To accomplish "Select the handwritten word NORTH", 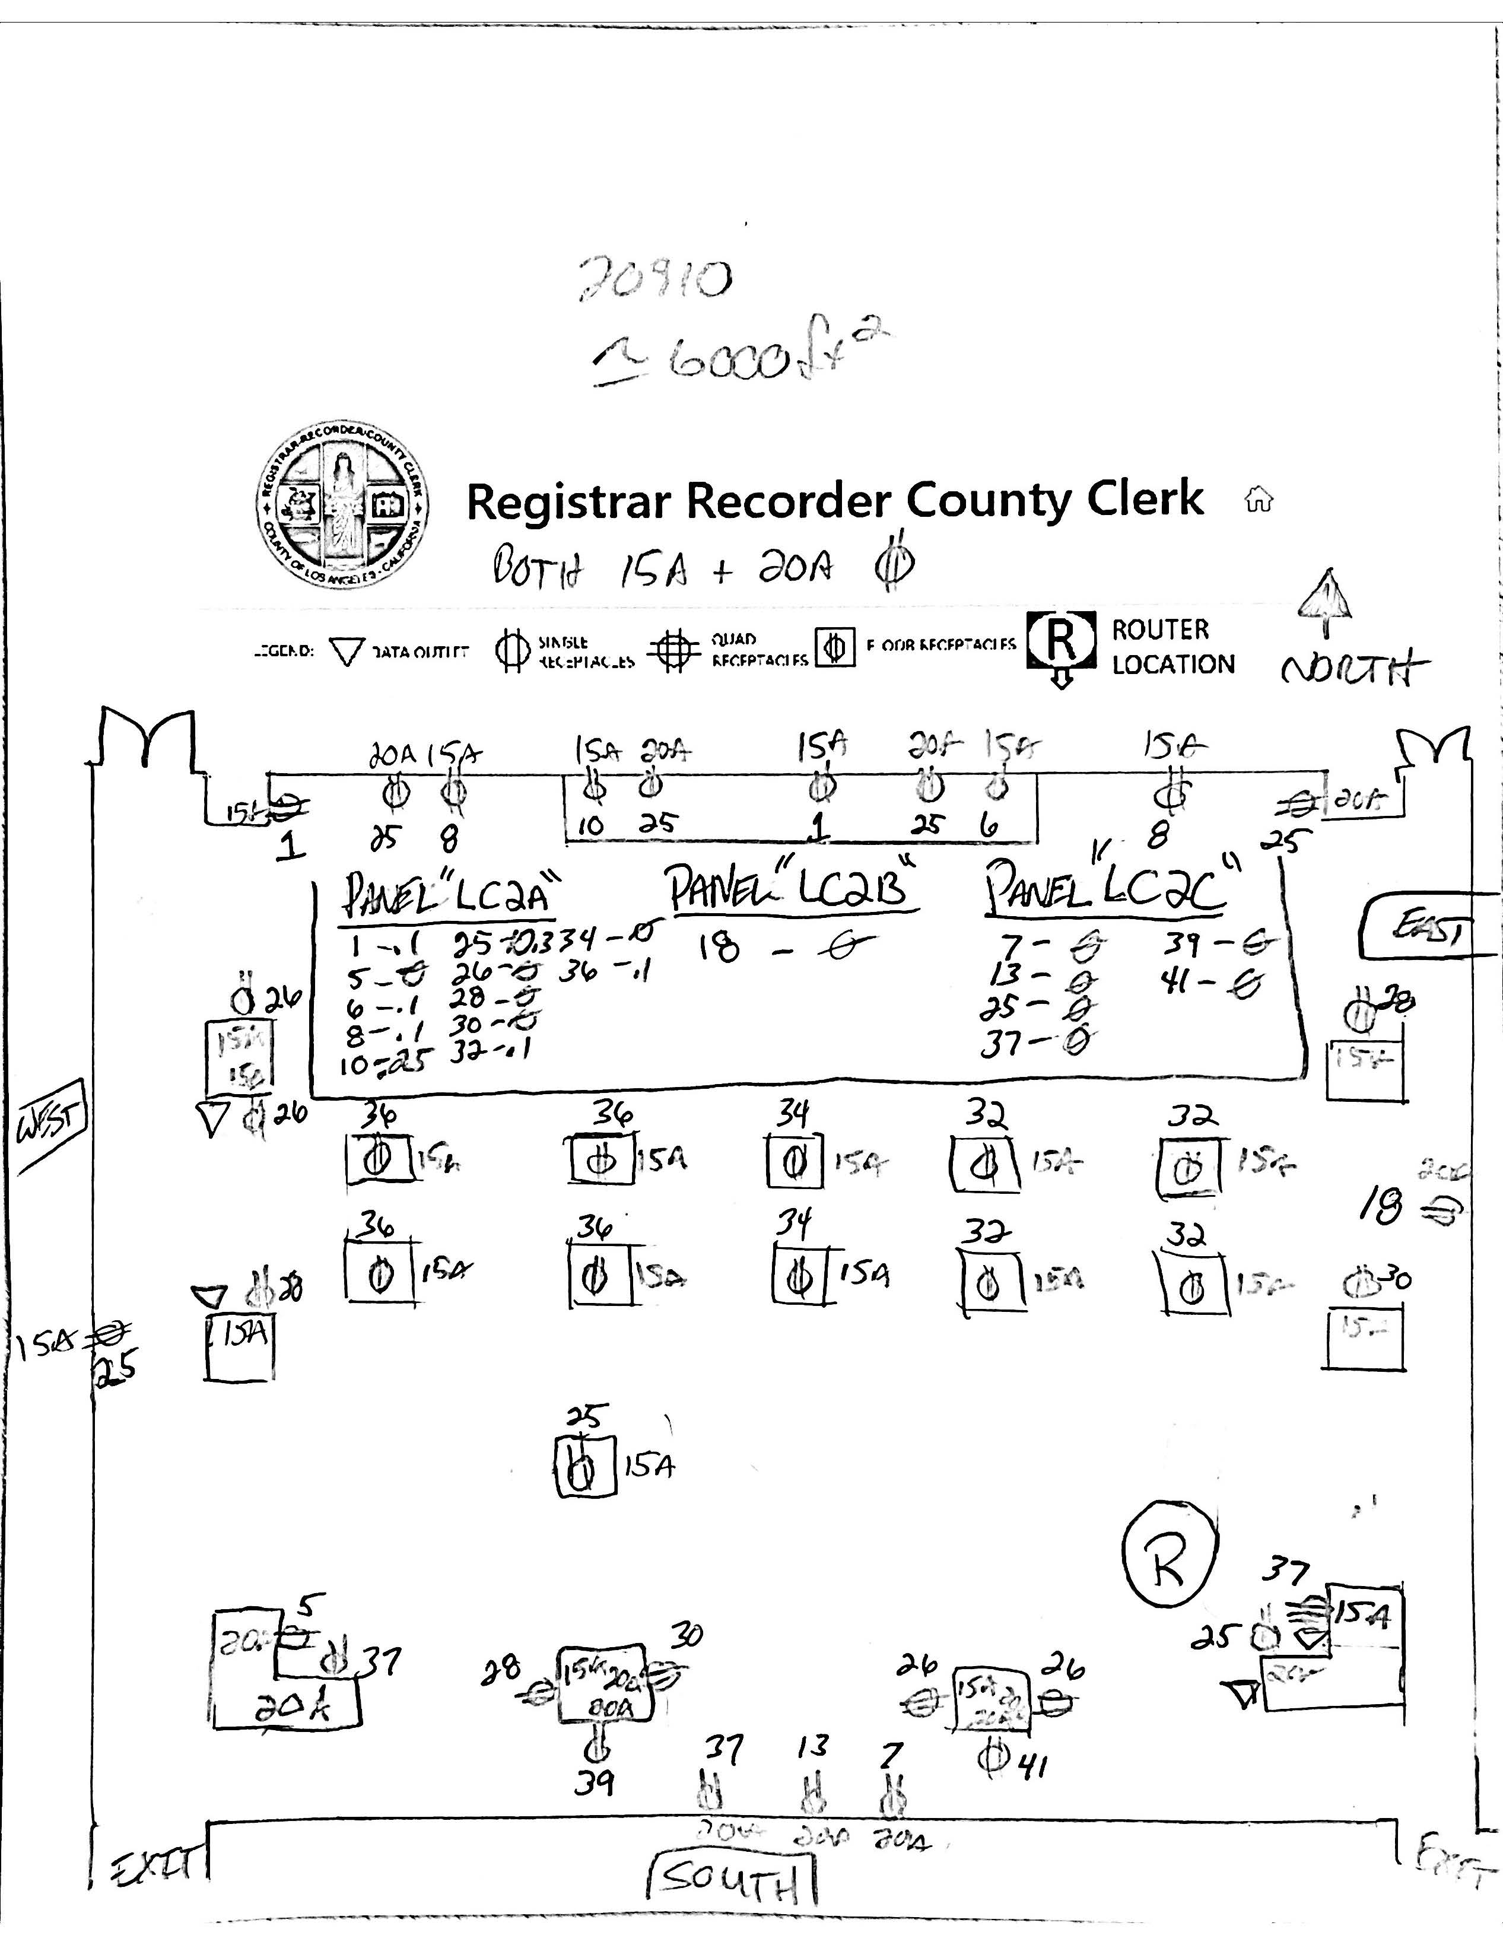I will (1354, 668).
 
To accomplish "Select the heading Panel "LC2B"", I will (793, 888).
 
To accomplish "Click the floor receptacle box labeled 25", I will (583, 1467).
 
